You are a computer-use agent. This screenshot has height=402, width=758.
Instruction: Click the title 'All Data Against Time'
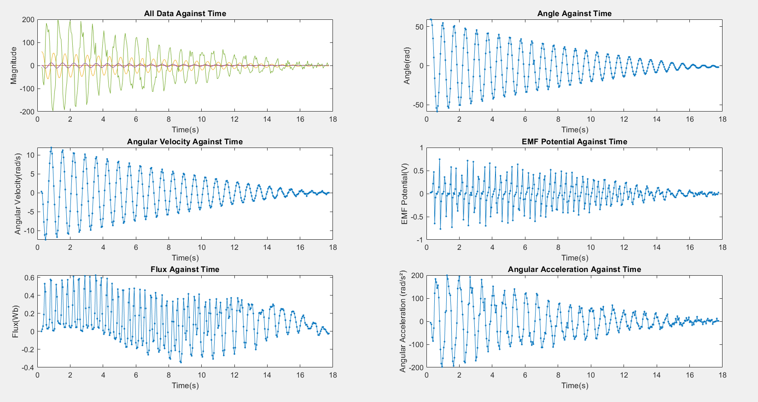(185, 13)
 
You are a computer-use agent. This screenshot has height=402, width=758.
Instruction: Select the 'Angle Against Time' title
(574, 13)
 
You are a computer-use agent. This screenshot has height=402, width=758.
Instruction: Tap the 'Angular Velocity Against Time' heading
(185, 142)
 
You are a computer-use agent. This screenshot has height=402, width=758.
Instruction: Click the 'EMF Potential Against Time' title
(574, 142)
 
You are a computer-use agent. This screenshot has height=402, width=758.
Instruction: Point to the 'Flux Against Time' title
(185, 269)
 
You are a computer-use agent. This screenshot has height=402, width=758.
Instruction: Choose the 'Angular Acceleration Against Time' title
(574, 269)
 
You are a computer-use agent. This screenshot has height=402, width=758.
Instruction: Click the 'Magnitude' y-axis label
(13, 65)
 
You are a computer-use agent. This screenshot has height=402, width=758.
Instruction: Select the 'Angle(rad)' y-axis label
(407, 65)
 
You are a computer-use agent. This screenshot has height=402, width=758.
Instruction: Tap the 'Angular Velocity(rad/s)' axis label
(18, 193)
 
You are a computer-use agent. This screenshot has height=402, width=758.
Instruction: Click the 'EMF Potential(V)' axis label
(405, 194)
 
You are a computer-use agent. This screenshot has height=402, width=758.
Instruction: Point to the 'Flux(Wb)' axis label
(15, 321)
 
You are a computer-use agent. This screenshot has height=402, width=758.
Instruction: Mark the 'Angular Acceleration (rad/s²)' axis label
(403, 322)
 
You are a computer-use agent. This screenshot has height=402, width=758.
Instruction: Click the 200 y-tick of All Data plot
(28, 20)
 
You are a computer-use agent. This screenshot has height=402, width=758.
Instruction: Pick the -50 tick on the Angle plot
(417, 105)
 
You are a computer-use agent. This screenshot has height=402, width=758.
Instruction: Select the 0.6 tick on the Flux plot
(29, 278)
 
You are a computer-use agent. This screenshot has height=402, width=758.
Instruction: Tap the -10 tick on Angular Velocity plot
(29, 231)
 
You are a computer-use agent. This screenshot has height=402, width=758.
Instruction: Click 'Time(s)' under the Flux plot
(185, 385)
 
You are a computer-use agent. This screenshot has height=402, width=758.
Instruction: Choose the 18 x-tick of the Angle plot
(722, 119)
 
